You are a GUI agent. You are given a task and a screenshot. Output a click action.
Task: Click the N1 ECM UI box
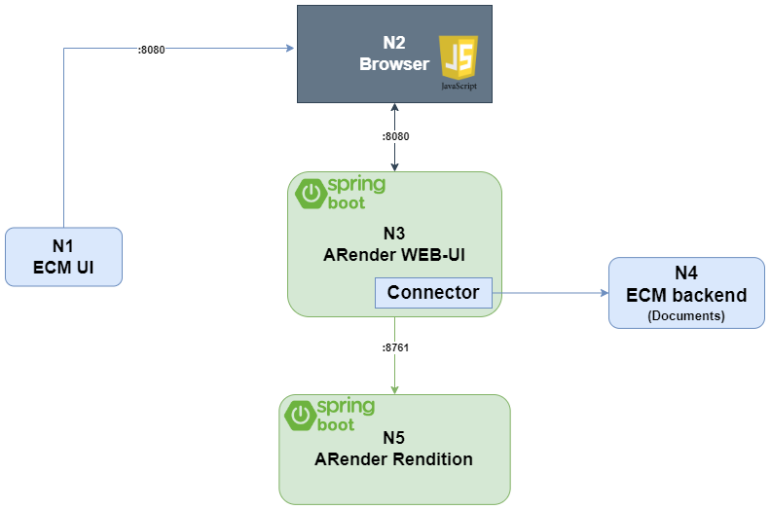[x=63, y=257]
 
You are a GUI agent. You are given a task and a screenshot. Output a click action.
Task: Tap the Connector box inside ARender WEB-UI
[x=433, y=292]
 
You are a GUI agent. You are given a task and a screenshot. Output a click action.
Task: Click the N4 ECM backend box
[x=686, y=292]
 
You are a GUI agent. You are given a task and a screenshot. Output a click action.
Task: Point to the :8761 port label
[x=394, y=347]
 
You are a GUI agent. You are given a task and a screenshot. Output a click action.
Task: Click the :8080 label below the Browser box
[x=394, y=137]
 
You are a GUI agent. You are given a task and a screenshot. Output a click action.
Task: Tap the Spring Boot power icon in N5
[x=300, y=416]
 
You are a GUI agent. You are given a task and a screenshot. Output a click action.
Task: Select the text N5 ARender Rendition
[x=394, y=449]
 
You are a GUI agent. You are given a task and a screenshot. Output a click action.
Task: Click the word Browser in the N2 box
[x=394, y=65]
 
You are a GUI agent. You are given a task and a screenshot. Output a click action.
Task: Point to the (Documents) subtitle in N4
[x=686, y=316]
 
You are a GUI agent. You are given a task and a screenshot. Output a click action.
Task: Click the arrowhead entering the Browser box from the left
[x=291, y=48]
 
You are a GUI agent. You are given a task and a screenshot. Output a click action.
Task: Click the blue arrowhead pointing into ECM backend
[x=603, y=291]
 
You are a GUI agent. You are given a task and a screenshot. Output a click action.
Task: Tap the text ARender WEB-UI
[x=393, y=255]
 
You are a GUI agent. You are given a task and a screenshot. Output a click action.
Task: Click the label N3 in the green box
[x=394, y=234]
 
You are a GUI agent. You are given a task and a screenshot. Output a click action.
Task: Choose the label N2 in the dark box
[x=394, y=44]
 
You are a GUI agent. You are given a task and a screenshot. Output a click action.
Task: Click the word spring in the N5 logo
[x=346, y=406]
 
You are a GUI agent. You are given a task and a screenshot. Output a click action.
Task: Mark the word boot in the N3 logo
[x=347, y=203]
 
